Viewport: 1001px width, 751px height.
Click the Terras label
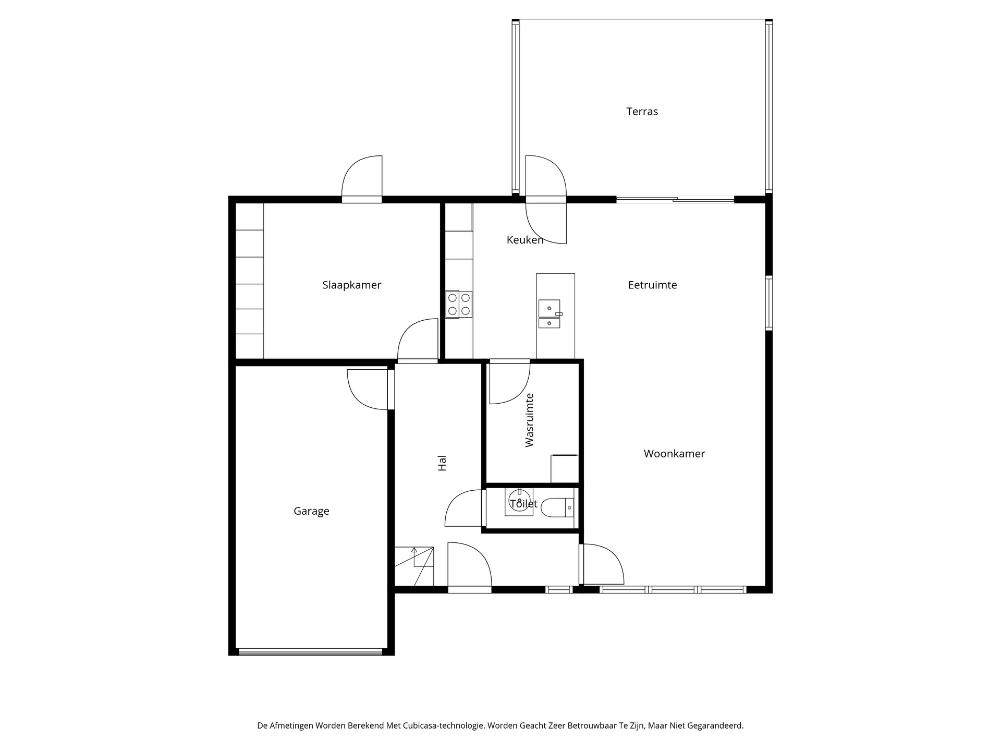642,112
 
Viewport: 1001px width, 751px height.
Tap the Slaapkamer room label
351,285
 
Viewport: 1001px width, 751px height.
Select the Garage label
311,511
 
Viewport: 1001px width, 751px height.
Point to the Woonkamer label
674,454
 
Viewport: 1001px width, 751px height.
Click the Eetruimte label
652,285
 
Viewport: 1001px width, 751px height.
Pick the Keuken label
525,240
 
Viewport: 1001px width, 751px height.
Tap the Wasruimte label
530,420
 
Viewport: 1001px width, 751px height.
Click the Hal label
442,463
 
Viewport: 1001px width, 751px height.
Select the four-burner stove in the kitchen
459,304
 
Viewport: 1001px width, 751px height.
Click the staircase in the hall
414,566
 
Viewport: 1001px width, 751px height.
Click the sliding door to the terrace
675,199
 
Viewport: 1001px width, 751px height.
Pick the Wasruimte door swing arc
510,383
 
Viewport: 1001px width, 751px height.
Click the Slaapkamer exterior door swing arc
362,176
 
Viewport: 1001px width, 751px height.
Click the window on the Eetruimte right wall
769,303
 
